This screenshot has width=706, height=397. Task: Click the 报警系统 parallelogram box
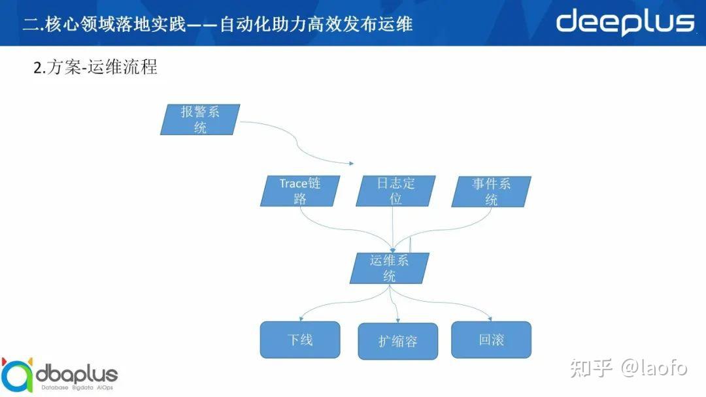click(x=200, y=119)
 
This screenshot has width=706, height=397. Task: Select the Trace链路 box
click(x=300, y=191)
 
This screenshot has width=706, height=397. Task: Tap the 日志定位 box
click(x=395, y=191)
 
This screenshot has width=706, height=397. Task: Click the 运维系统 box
click(x=390, y=268)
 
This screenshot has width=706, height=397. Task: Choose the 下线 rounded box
click(x=300, y=340)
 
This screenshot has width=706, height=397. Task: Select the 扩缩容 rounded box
click(x=397, y=341)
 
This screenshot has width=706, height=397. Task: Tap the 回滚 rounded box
click(x=491, y=340)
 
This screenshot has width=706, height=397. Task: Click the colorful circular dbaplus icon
click(x=16, y=375)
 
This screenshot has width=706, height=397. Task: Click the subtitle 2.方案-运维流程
click(x=95, y=67)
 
